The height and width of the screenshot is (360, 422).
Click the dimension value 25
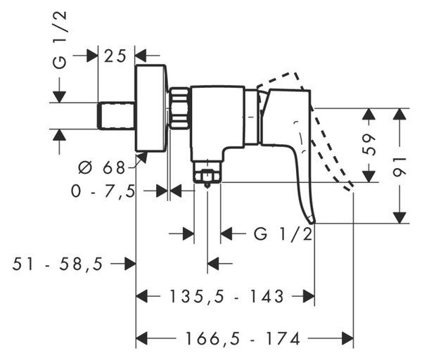(x=115, y=56)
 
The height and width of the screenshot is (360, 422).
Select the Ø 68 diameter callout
(x=101, y=168)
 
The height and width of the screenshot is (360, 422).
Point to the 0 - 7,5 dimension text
(x=103, y=191)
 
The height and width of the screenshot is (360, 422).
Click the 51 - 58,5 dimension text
(x=58, y=264)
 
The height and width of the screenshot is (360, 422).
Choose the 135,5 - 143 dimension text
(x=226, y=297)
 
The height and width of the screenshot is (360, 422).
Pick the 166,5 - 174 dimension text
(x=243, y=338)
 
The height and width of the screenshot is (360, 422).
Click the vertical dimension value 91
(x=399, y=167)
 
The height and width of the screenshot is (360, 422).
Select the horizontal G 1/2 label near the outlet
(x=283, y=233)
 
